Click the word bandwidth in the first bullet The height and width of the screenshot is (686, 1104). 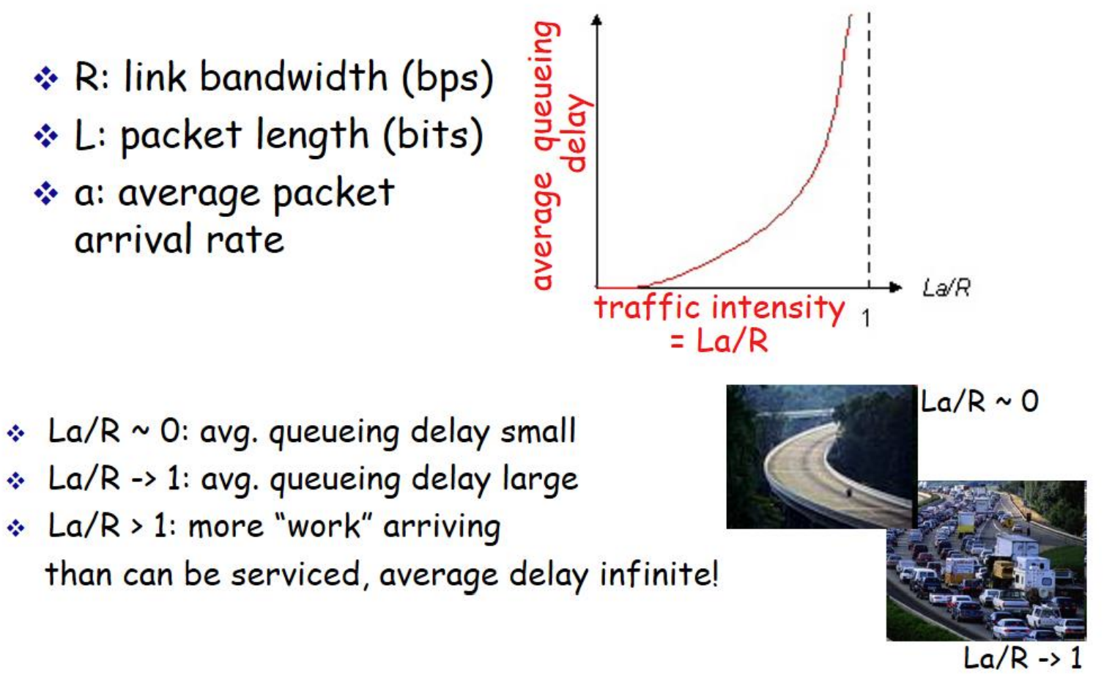pos(294,76)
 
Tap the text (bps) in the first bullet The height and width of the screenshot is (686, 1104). pos(448,79)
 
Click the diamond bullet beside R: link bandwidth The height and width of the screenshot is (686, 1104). pos(46,78)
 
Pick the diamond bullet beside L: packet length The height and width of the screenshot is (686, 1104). pos(46,136)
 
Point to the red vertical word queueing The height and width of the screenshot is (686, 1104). pos(547,86)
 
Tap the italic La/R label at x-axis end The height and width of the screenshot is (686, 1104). pos(946,287)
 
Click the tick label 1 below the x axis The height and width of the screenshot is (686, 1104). pos(866,318)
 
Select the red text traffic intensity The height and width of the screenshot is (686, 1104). pos(720,309)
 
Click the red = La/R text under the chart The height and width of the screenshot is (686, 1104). pos(719,340)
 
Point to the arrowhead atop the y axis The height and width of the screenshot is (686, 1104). pos(597,20)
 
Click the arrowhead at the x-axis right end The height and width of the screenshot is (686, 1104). pos(896,287)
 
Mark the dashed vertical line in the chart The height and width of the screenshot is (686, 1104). pos(869,150)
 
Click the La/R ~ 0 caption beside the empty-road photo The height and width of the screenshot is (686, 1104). pos(979,401)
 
